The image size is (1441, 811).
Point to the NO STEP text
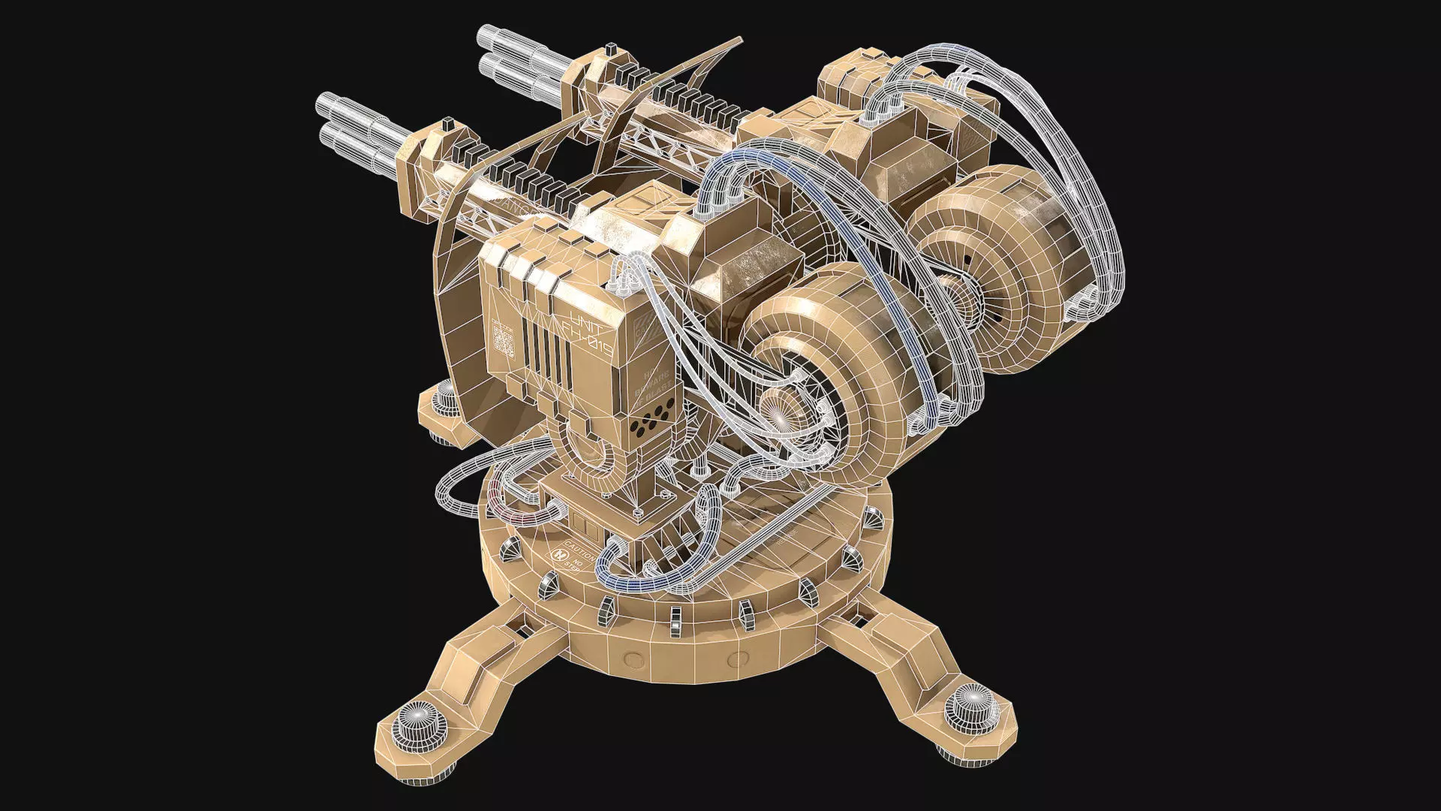(578, 565)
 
